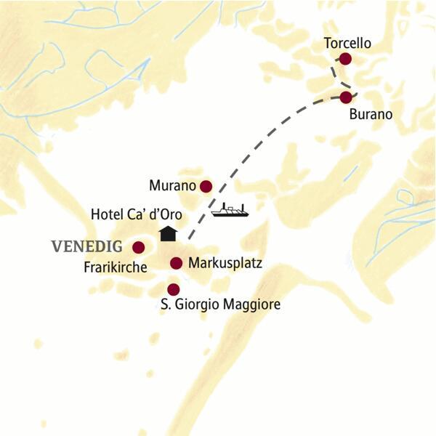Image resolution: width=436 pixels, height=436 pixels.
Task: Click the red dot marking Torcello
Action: [x=346, y=59]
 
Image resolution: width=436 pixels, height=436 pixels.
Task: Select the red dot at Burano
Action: [x=346, y=97]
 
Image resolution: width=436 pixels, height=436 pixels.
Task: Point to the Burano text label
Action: [x=371, y=114]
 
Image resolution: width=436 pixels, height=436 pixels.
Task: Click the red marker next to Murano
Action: [x=206, y=186]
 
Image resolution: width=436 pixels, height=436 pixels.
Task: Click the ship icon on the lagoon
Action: [x=230, y=211]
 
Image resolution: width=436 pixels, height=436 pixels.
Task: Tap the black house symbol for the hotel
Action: [x=168, y=233]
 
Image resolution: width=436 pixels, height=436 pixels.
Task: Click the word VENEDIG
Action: [x=86, y=246]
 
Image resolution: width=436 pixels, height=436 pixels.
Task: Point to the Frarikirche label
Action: [x=114, y=267]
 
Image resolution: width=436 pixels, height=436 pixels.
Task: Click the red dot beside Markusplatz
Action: [x=175, y=262]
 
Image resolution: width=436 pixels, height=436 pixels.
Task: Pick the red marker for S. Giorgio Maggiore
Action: [x=173, y=289]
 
